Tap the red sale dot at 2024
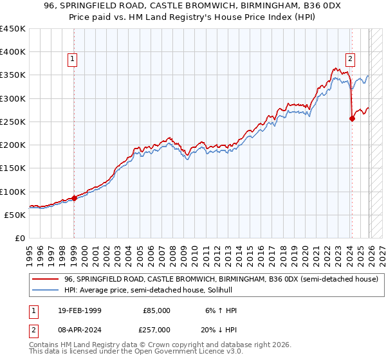[352, 118]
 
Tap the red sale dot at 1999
[74, 198]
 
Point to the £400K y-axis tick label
[13, 52]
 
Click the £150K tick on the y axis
[13, 168]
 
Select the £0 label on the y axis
[19, 238]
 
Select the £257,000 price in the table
[156, 329]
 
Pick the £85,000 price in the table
[156, 310]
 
